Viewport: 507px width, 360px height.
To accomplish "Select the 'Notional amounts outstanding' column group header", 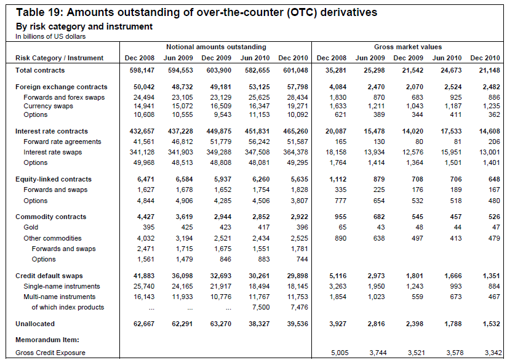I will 215,47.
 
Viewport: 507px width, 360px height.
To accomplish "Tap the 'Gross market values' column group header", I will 407,47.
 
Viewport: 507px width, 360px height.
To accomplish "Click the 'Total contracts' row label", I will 39,71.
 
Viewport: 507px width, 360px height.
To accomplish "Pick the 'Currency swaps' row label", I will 48,106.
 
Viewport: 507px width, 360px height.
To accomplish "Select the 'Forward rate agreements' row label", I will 62,142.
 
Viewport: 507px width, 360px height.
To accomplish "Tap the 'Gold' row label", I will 31,228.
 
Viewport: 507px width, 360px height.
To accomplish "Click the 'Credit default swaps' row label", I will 49,276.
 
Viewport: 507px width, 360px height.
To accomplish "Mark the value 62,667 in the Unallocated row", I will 141,324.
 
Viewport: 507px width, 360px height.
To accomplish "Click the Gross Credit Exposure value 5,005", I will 339,353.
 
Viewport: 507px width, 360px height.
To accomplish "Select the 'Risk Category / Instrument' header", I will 59,58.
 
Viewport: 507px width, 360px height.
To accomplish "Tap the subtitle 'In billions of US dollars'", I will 50,36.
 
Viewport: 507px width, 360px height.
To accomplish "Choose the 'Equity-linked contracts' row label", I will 54,179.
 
